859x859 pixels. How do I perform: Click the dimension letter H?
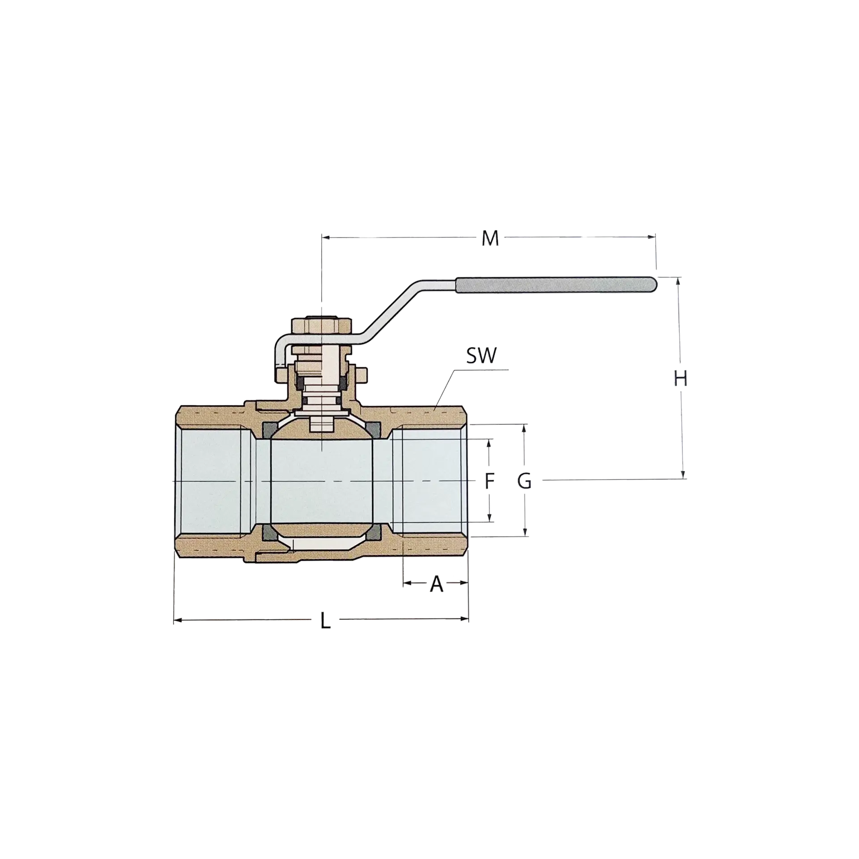click(680, 379)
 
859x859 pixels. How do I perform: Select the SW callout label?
click(481, 357)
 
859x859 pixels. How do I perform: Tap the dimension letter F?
click(490, 481)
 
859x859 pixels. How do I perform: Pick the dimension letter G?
click(524, 481)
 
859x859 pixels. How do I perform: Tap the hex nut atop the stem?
click(323, 325)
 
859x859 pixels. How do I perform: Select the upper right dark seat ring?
click(374, 430)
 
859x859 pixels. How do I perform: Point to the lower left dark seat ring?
click(270, 532)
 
